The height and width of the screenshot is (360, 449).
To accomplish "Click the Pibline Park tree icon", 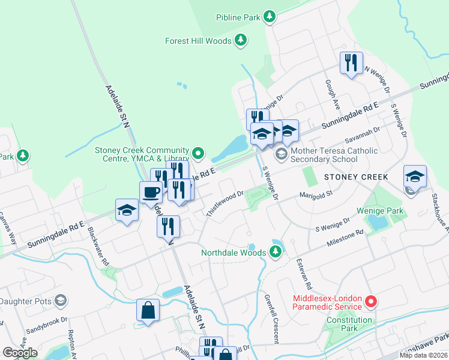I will [x=270, y=17].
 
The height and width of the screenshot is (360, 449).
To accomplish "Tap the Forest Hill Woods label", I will [x=197, y=41].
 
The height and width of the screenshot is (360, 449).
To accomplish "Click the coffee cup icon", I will [x=150, y=193].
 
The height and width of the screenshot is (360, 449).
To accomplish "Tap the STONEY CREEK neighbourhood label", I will [x=356, y=177].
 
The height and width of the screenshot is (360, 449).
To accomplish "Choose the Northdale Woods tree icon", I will [x=276, y=252].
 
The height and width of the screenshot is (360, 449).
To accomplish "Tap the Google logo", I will [x=19, y=353].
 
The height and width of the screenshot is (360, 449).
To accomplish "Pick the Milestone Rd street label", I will [x=345, y=238].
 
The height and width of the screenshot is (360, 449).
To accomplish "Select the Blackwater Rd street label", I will [x=98, y=247].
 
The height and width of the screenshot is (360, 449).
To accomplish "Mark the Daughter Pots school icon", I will [x=60, y=300].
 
